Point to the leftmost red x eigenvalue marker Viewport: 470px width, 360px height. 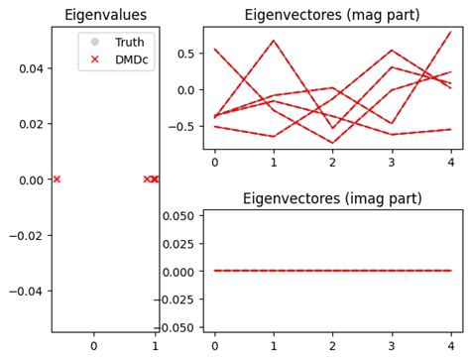click(x=57, y=180)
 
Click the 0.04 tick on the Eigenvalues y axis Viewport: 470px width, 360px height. click(x=31, y=67)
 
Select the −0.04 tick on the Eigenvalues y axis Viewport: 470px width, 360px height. click(x=28, y=292)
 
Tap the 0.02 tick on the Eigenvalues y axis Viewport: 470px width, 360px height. click(x=31, y=124)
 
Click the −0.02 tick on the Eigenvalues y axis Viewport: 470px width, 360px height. click(x=28, y=235)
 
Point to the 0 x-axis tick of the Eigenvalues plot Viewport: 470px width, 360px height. click(x=93, y=346)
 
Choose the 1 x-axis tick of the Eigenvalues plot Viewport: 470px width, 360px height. click(x=155, y=346)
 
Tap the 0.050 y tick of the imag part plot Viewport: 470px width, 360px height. click(x=179, y=215)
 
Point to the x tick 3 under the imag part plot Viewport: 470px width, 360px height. click(x=392, y=346)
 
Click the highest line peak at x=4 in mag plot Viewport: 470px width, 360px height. click(x=450, y=32)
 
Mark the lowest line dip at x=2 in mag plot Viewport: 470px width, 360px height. click(x=332, y=143)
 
